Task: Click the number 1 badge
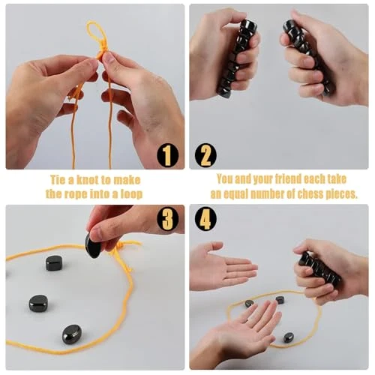point(167,155)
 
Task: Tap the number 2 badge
point(205,155)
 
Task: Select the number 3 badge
point(167,219)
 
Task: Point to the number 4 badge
point(205,219)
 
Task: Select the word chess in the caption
point(309,194)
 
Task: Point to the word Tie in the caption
point(58,180)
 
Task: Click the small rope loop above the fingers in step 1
point(94,33)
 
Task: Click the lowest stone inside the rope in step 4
point(289,337)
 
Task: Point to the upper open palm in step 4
point(223,266)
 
